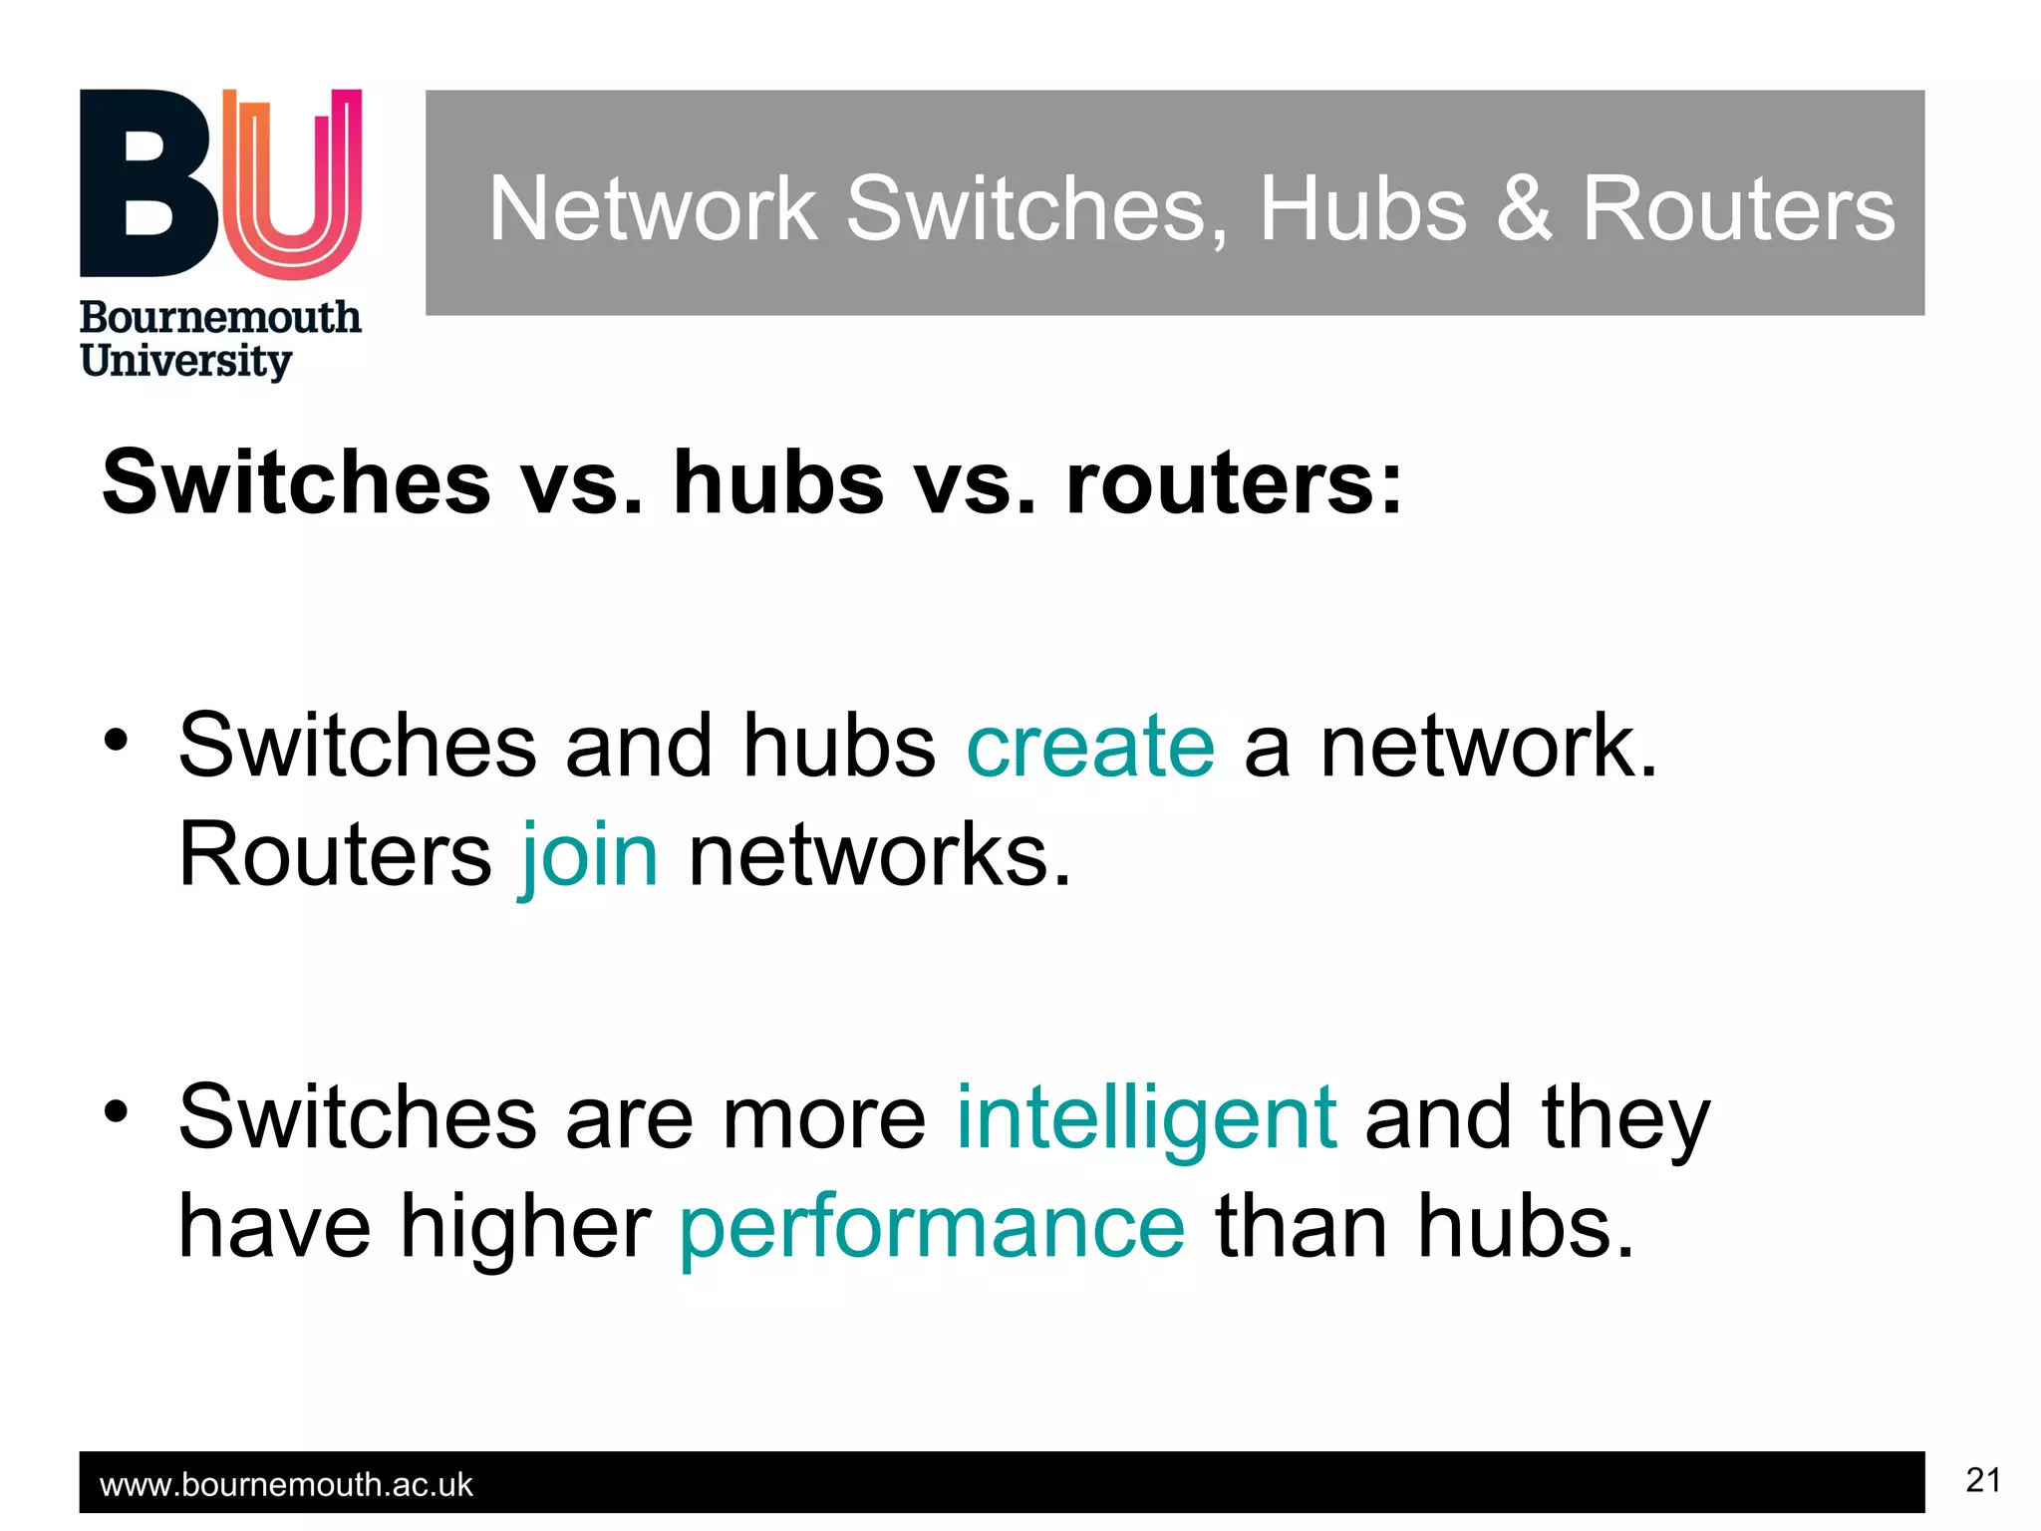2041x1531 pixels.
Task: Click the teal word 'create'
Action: coord(1090,747)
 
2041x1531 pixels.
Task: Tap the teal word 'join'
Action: coord(589,855)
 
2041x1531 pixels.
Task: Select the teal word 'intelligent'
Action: coord(1146,1118)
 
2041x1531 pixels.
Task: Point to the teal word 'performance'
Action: coord(932,1228)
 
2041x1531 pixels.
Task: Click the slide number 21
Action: coord(1982,1480)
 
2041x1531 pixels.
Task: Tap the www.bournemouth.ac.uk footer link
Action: coord(286,1485)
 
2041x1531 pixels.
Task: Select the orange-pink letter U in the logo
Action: coord(292,184)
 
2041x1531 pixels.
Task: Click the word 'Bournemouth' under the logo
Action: coord(220,318)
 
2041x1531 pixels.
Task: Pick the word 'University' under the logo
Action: coord(186,361)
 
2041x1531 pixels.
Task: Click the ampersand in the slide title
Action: coord(1524,208)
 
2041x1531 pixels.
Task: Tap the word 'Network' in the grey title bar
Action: coord(653,208)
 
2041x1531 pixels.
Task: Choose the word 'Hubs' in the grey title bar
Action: coord(1362,208)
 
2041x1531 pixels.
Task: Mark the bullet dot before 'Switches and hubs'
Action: coord(117,741)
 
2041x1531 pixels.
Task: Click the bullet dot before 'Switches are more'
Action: coord(117,1111)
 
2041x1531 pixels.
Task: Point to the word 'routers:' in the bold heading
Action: coord(1234,483)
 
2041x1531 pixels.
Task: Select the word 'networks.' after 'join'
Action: coord(879,855)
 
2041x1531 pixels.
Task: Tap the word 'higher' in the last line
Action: coord(525,1228)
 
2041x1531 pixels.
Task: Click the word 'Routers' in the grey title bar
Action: coord(1738,208)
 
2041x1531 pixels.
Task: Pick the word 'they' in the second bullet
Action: coord(1625,1118)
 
